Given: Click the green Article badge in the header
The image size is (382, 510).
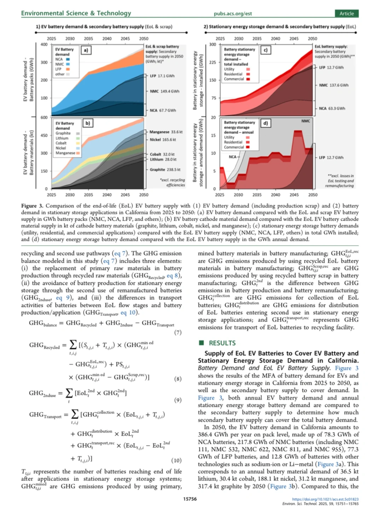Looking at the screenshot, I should tap(346, 13).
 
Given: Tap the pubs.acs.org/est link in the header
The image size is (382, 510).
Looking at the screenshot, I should tap(232, 13).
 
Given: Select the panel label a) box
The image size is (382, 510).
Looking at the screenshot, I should tap(86, 50).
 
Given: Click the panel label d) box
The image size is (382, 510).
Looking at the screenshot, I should tap(265, 123).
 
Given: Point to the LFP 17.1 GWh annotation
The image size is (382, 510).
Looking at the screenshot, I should tap(162, 76).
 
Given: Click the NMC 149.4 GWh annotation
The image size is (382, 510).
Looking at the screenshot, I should tap(164, 91).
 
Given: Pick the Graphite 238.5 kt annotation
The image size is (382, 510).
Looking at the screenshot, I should tap(165, 170).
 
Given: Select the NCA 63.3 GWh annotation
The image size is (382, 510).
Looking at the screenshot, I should tap(332, 108).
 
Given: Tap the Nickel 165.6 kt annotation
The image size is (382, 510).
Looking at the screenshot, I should tap(162, 140).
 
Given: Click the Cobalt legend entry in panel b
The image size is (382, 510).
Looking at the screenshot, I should tap(61, 143).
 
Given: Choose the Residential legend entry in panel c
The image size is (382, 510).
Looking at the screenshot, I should tap(233, 74).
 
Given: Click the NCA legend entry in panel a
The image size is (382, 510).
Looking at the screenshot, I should tap(59, 59).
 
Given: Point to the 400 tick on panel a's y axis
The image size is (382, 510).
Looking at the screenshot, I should tap(44, 44).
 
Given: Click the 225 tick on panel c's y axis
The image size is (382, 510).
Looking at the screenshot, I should tap(212, 62).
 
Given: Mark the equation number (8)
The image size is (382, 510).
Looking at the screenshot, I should tap(178, 379).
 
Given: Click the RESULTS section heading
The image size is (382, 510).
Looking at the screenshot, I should tap(222, 343).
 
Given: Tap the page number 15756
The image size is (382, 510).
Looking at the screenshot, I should tap(190, 499).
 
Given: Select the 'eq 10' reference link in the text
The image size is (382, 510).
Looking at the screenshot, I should tap(128, 312).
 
